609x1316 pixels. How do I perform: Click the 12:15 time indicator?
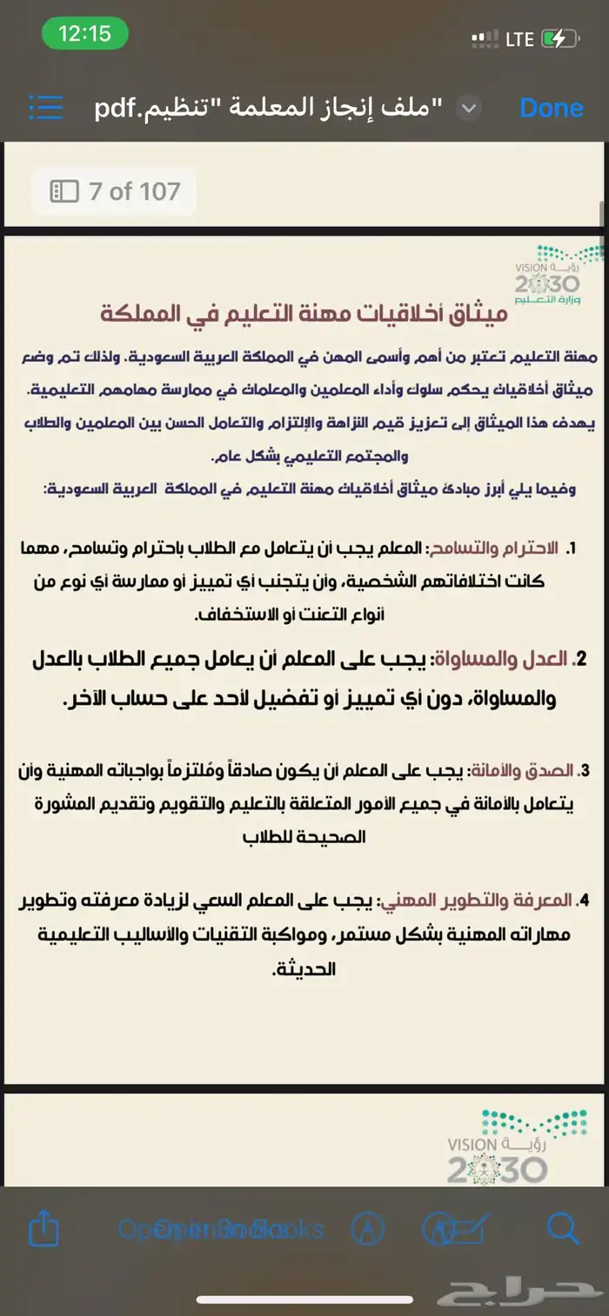pyautogui.click(x=84, y=34)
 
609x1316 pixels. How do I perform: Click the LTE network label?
pyautogui.click(x=519, y=38)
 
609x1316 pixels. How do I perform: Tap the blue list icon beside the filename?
pyautogui.click(x=46, y=107)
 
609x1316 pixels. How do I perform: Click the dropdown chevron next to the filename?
pyautogui.click(x=469, y=108)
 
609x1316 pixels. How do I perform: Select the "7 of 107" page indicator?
pyautogui.click(x=115, y=191)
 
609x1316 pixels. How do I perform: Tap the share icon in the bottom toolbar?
pyautogui.click(x=43, y=1229)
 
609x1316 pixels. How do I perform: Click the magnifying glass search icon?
pyautogui.click(x=563, y=1228)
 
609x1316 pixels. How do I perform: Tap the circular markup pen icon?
pyautogui.click(x=367, y=1229)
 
